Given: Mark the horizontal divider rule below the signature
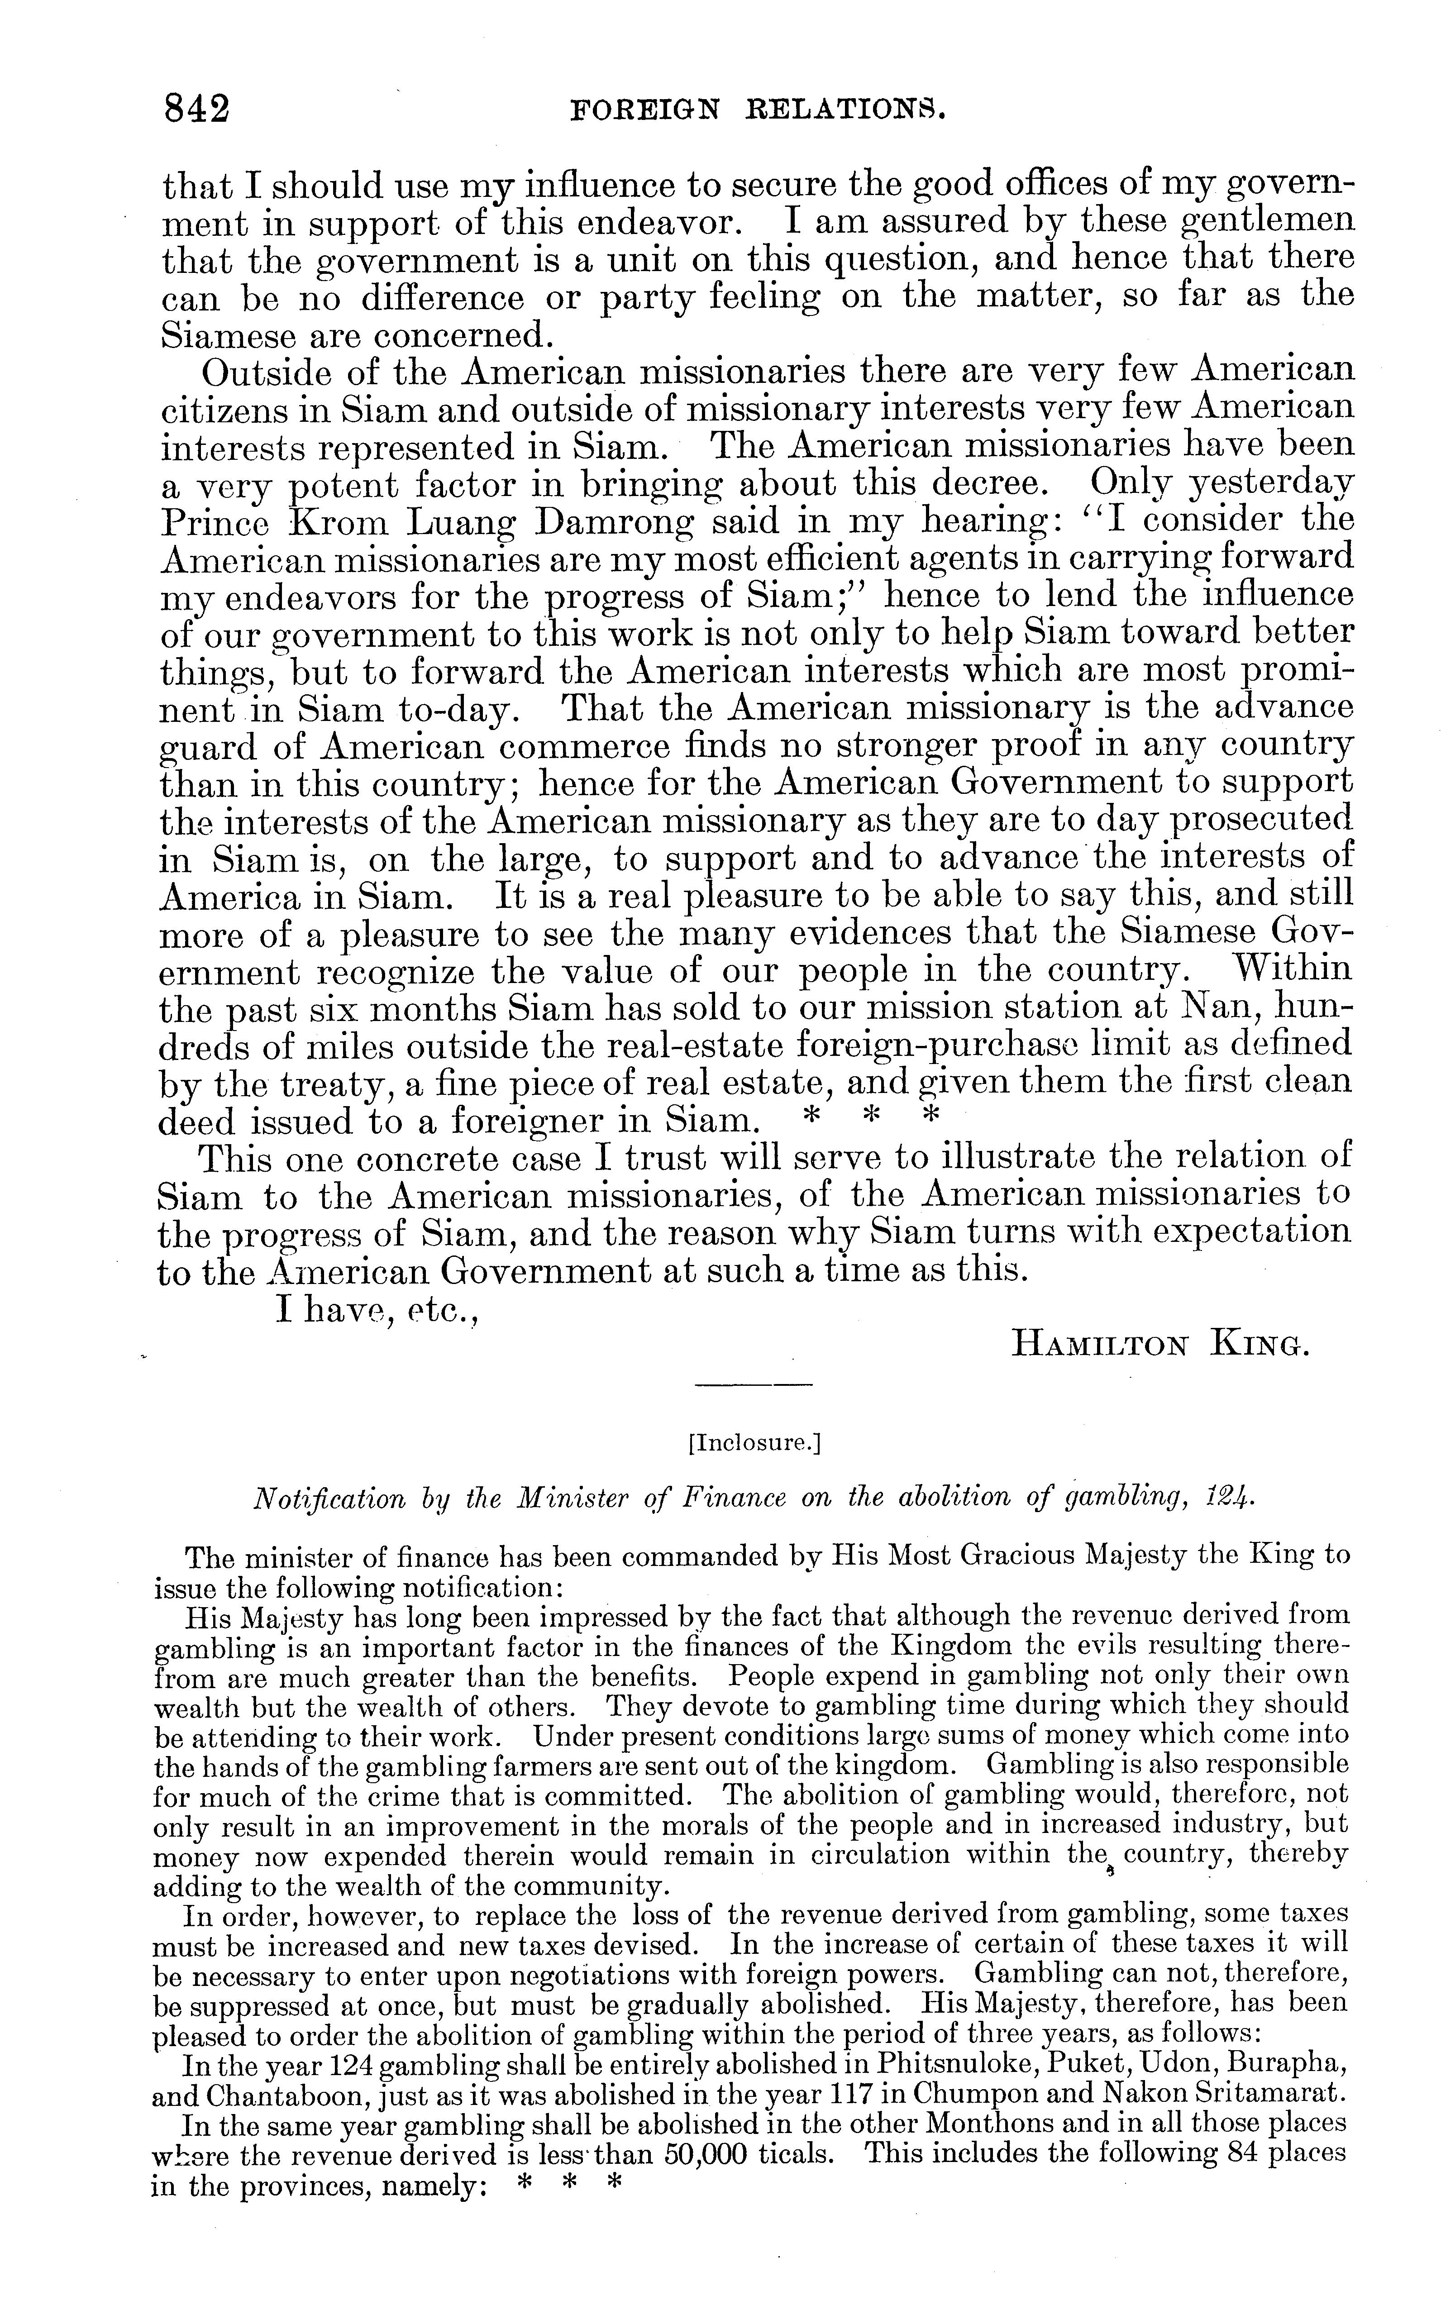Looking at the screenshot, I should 753,1384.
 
